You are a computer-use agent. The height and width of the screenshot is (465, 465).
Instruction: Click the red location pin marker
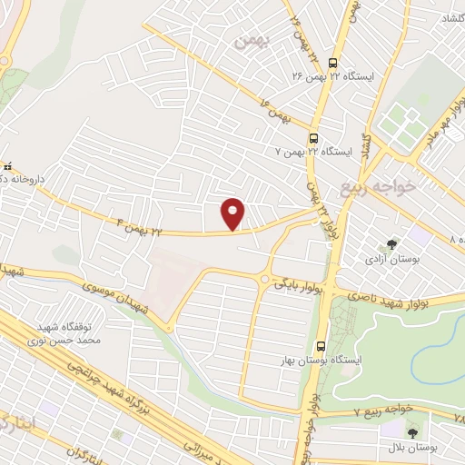(234, 213)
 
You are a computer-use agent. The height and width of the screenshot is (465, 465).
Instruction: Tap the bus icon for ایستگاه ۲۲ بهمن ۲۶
(332, 64)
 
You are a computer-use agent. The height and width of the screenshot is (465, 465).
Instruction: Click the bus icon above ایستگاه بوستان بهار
(320, 346)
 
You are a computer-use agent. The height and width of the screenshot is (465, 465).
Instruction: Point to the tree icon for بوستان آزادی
(391, 244)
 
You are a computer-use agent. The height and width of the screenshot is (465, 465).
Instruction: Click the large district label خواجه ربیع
(377, 188)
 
